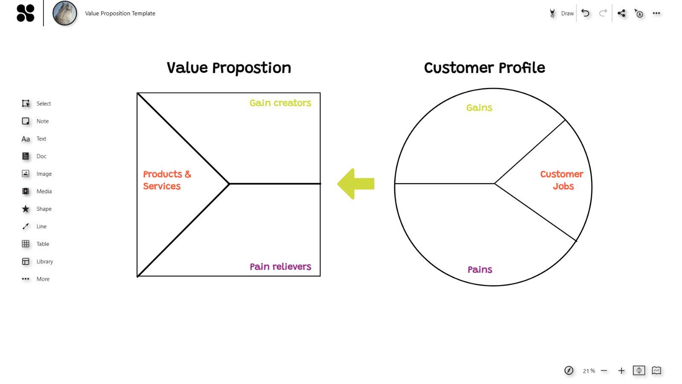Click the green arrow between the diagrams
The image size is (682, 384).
tap(356, 184)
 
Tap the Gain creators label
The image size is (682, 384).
tap(280, 103)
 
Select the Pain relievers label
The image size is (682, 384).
tap(280, 267)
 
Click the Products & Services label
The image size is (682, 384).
tap(167, 180)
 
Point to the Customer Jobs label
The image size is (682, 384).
tap(562, 180)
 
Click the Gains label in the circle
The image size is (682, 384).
tap(479, 108)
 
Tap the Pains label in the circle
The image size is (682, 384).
tap(480, 270)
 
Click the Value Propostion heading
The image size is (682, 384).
tap(228, 68)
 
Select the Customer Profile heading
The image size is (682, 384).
tap(484, 68)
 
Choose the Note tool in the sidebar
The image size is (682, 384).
tap(26, 121)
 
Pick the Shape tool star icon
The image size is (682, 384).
tap(26, 209)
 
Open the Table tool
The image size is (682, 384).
tap(26, 244)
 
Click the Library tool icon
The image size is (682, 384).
tap(26, 262)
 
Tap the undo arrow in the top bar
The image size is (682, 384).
tap(585, 13)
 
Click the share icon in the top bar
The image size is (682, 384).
tap(621, 13)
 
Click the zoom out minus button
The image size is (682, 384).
tap(604, 371)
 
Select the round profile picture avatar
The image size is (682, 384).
tap(65, 13)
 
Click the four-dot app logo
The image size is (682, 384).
tap(25, 13)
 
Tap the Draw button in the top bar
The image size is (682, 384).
tap(562, 13)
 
